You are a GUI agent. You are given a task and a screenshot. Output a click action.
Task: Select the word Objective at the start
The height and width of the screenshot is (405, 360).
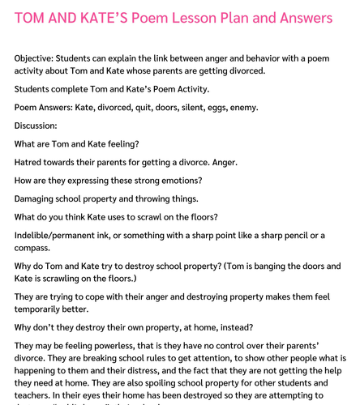tap(38, 58)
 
